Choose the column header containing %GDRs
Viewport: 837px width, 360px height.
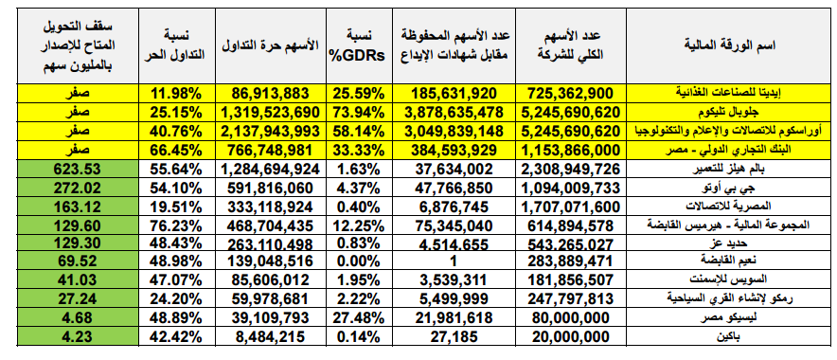[x=356, y=45]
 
